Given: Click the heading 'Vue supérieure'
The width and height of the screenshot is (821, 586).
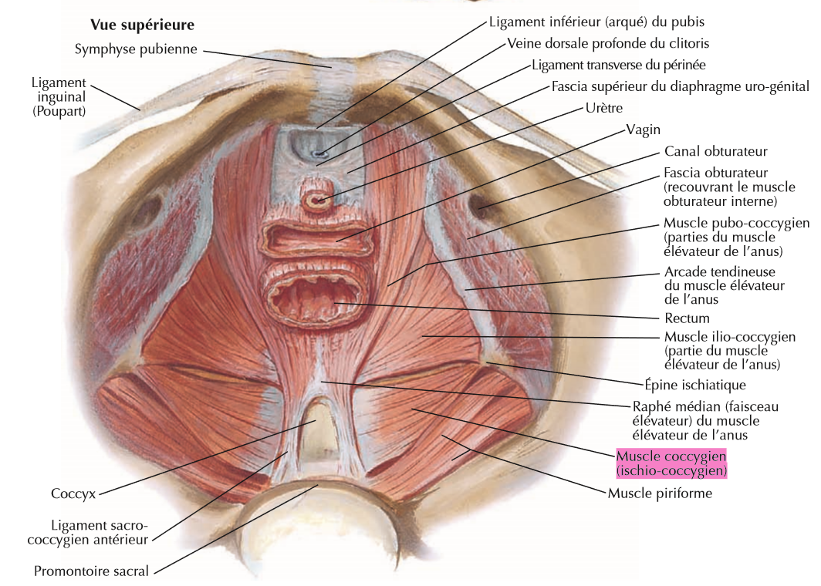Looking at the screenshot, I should point(142,25).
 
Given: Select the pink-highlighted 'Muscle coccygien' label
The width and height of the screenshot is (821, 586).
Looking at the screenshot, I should point(671,462).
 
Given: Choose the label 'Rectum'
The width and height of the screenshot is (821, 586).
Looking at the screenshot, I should point(686,318).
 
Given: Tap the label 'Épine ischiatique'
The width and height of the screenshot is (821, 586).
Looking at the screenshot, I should point(694,384).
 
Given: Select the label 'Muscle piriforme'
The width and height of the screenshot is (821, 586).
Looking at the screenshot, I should point(659,493).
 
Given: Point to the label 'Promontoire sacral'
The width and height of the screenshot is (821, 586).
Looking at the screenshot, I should point(91,571).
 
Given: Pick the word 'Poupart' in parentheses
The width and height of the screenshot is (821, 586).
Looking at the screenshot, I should point(58,110).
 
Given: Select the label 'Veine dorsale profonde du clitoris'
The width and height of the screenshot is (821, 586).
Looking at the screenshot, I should point(608,43).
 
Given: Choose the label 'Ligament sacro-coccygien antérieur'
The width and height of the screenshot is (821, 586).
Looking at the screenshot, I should point(86,533).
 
